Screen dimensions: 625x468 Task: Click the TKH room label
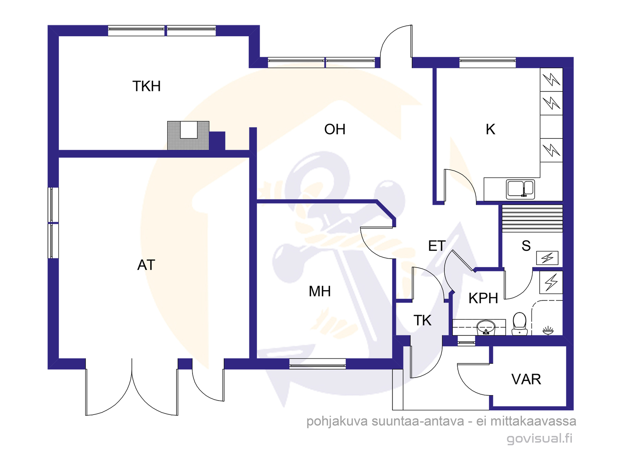pos(146,86)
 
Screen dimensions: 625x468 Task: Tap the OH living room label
pos(334,129)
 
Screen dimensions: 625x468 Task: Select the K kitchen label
pos(490,129)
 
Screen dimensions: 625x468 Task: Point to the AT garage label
pos(146,265)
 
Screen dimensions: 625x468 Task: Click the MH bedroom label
pos(320,291)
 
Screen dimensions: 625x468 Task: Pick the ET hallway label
pos(437,246)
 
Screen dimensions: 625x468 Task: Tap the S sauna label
pos(526,246)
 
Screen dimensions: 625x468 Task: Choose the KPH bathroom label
pos(483,298)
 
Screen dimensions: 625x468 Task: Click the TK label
pos(422,320)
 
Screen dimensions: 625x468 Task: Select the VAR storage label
pos(526,379)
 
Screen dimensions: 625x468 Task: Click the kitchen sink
pos(520,189)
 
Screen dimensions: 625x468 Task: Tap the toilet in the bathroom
pos(520,324)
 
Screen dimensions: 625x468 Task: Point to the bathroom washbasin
pos(486,328)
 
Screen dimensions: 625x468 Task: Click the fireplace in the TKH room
pos(188,135)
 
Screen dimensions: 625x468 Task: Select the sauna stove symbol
pos(547,258)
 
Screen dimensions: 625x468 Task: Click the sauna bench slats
pos(532,218)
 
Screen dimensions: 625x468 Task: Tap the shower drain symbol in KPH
pos(548,330)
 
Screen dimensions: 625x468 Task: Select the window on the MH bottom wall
pos(318,364)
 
